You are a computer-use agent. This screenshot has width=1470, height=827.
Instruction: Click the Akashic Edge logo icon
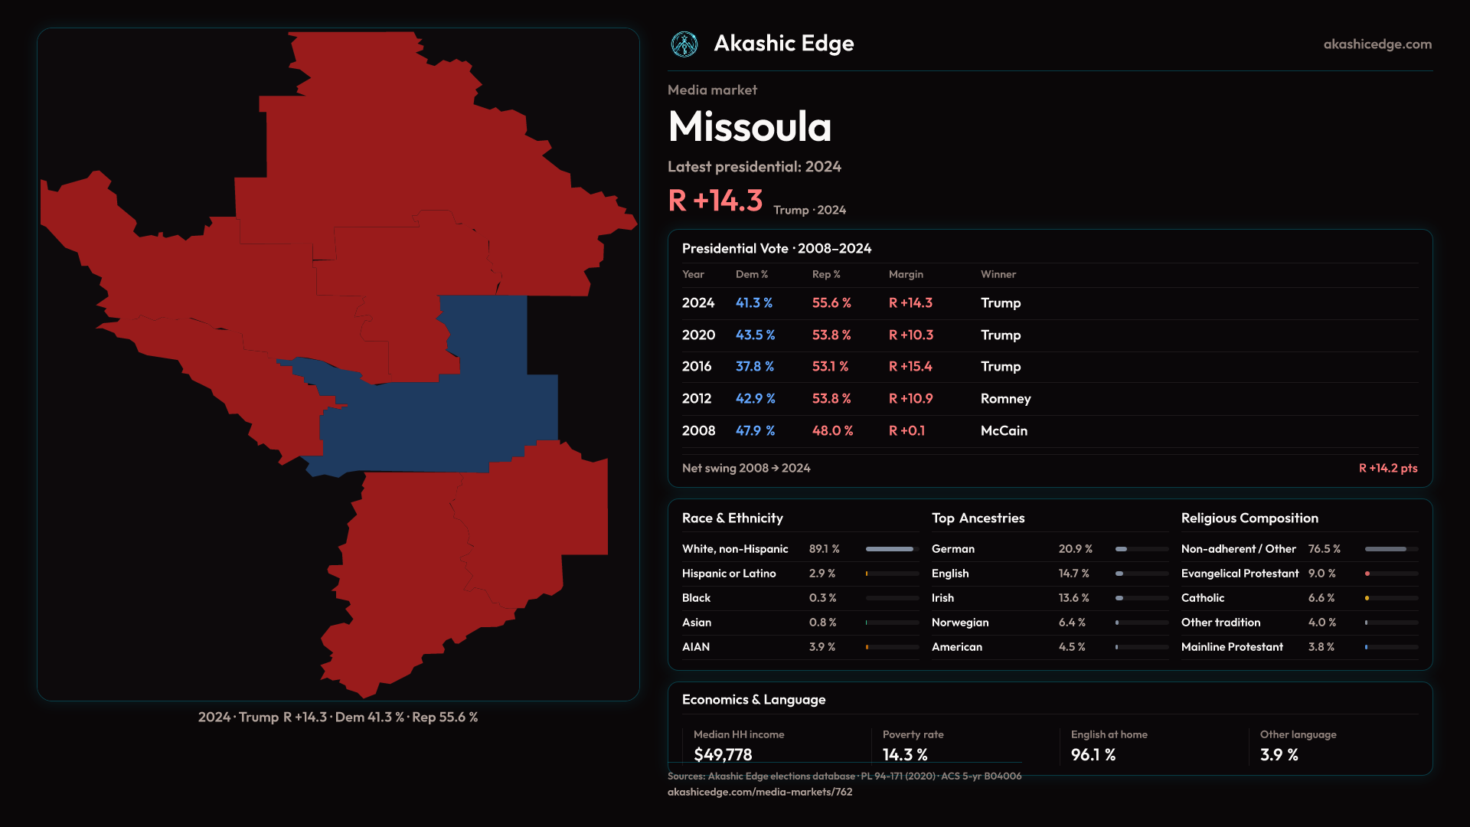pos(684,44)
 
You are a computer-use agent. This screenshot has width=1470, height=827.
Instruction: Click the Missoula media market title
pos(750,126)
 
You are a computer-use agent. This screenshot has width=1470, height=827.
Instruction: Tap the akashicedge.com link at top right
pos(1377,44)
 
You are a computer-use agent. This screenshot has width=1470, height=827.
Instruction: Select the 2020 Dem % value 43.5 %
pos(755,335)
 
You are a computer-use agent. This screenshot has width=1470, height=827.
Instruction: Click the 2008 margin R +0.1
pos(906,431)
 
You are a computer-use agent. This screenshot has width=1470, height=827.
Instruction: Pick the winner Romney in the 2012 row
pos(1005,399)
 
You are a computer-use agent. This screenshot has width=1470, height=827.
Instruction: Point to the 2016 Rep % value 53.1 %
pos(830,367)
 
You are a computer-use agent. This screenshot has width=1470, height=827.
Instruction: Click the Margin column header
pos(906,274)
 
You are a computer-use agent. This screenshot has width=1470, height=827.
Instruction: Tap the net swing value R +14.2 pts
pos(1387,468)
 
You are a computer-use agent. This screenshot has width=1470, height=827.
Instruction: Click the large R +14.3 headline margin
pos(715,201)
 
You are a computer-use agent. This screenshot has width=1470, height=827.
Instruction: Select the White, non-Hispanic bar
pos(890,549)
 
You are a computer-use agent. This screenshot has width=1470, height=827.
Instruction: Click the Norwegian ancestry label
pos(960,623)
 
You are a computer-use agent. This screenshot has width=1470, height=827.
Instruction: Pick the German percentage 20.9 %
pos(1075,549)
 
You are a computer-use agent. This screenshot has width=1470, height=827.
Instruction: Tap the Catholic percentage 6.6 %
pos(1321,598)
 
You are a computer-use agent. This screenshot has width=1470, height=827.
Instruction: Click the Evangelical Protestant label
pos(1240,574)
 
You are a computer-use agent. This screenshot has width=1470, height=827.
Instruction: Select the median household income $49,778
pos(723,755)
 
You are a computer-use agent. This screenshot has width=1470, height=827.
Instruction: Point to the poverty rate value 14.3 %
pos(905,755)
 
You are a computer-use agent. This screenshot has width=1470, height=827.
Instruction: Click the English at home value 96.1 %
pos(1093,755)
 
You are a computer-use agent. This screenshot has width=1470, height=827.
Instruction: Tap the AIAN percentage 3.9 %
pos(822,647)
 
